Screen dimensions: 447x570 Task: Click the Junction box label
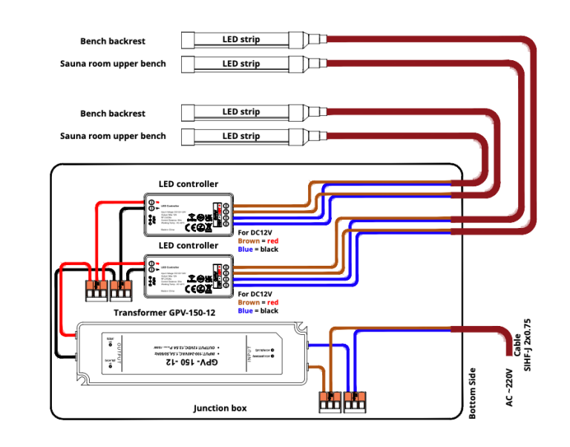[220, 408]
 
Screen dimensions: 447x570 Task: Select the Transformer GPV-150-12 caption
[164, 313]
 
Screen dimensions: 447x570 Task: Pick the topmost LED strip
[242, 39]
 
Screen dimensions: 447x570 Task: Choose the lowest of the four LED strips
[242, 136]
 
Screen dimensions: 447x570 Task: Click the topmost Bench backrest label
[113, 41]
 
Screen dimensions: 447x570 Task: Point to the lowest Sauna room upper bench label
[113, 136]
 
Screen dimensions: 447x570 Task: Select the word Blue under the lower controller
[246, 310]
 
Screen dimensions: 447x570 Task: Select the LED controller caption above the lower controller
[189, 246]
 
